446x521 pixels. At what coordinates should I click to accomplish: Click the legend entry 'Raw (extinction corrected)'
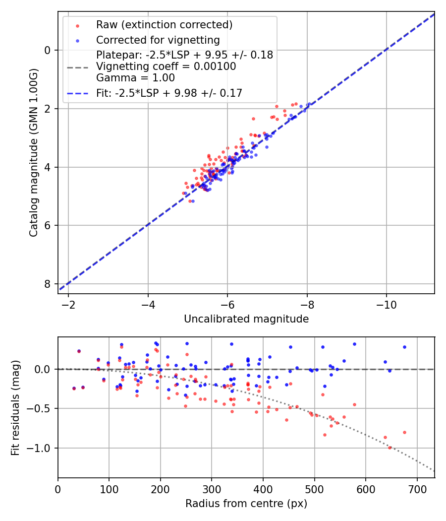[164, 25]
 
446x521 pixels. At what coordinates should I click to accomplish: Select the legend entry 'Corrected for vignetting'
[158, 40]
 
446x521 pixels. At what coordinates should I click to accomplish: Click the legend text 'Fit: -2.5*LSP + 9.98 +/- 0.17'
[169, 93]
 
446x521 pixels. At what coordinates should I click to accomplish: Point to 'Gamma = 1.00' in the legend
[135, 77]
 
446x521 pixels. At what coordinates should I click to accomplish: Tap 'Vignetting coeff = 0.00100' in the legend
[166, 66]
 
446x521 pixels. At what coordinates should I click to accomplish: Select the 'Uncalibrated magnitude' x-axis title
[246, 319]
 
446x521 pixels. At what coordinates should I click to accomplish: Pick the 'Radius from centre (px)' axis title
[246, 504]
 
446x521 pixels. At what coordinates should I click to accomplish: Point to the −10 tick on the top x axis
[387, 304]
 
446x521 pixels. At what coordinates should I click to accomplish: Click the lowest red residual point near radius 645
[390, 448]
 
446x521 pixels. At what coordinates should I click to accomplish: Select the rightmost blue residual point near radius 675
[404, 347]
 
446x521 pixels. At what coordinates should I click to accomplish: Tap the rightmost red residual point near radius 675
[404, 432]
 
